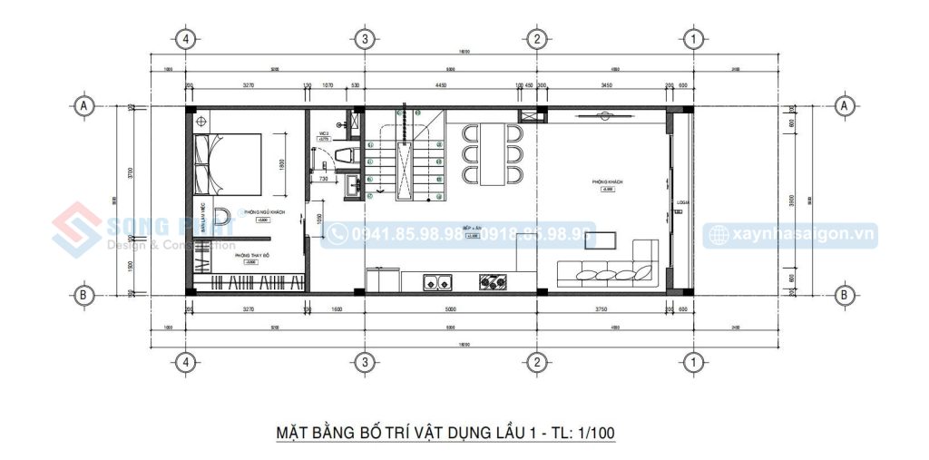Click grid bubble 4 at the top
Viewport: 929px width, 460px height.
(185, 39)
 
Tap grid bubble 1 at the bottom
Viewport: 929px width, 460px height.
(692, 362)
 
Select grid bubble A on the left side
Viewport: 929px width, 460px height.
(84, 105)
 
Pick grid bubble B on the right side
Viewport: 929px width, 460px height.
(844, 295)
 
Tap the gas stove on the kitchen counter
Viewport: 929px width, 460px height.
(494, 282)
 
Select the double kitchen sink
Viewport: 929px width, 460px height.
(437, 282)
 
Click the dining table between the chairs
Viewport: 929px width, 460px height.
(494, 154)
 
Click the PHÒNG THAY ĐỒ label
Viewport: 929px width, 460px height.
(254, 256)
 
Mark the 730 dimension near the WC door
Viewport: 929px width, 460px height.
(323, 179)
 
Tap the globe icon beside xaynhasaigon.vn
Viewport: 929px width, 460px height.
(718, 235)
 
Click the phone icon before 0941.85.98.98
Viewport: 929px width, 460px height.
(337, 235)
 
